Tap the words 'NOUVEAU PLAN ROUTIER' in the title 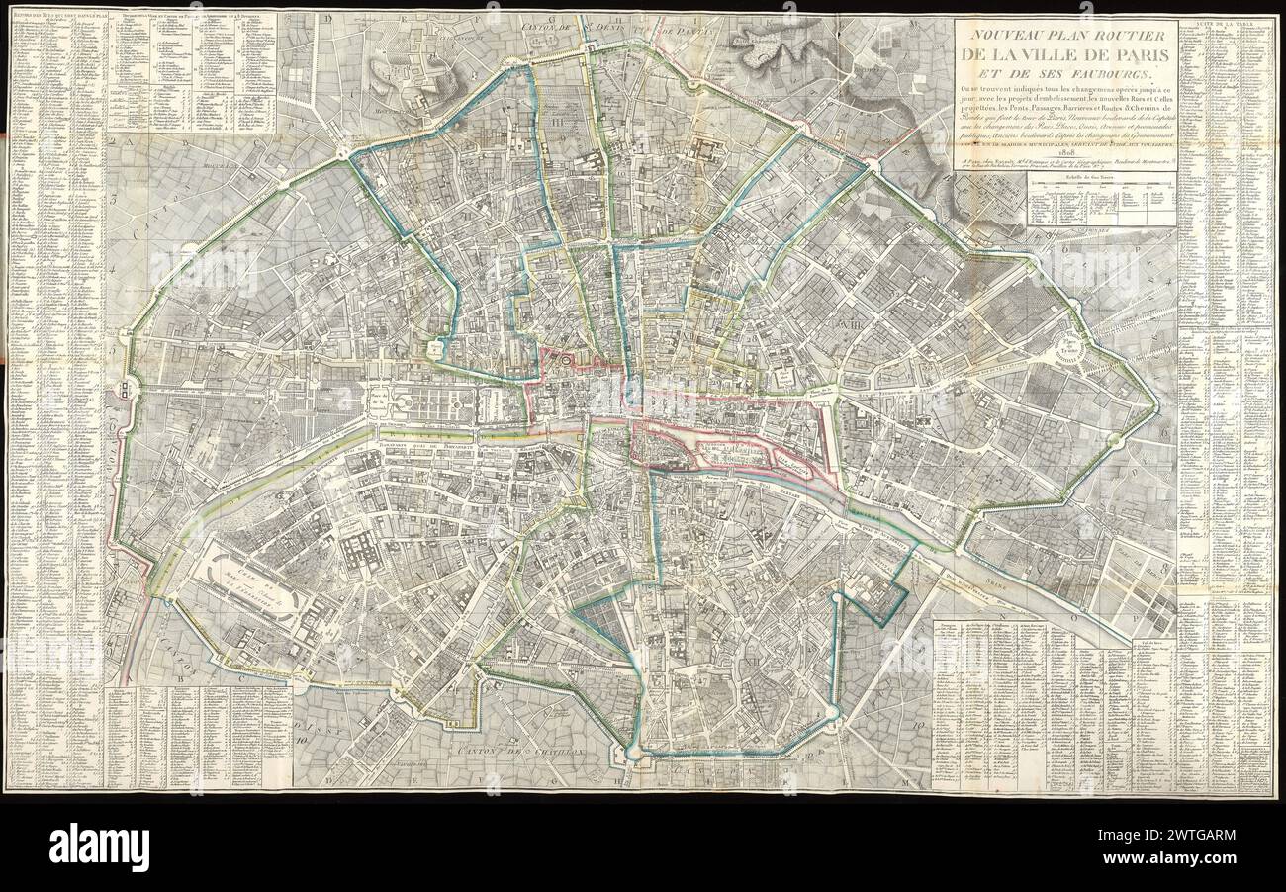pyautogui.click(x=1061, y=34)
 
